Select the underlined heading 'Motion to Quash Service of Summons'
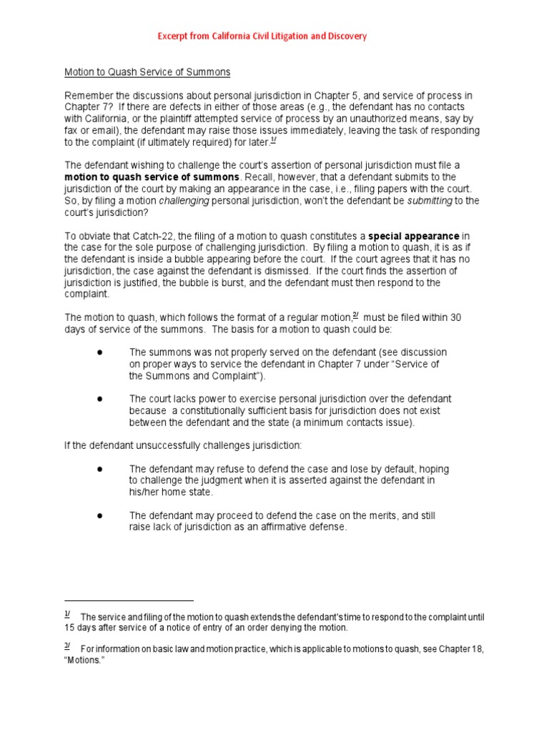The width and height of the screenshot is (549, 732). pyautogui.click(x=147, y=72)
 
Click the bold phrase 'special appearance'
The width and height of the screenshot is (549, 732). pyautogui.click(x=414, y=236)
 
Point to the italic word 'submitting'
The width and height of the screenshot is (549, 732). pyautogui.click(x=429, y=201)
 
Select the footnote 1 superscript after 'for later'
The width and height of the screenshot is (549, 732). pyautogui.click(x=273, y=140)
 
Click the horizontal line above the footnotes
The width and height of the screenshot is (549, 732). pyautogui.click(x=129, y=601)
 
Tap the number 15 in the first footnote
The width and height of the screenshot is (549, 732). pyautogui.click(x=70, y=628)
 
